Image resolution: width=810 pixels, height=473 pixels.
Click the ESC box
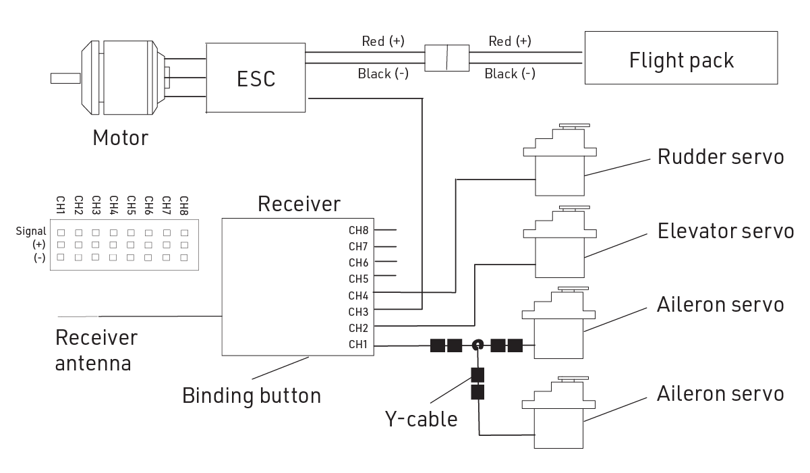(256, 78)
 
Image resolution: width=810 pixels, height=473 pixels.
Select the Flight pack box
(681, 60)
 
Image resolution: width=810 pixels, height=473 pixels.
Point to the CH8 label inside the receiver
(357, 230)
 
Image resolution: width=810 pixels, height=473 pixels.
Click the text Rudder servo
(720, 157)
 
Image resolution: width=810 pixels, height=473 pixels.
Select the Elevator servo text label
(725, 231)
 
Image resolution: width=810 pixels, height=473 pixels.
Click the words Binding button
(252, 395)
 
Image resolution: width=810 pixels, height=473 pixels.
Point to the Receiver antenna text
(96, 350)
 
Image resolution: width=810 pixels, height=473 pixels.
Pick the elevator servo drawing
(559, 244)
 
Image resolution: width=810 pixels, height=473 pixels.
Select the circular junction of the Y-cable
(478, 345)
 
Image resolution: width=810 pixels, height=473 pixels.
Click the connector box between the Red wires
(446, 58)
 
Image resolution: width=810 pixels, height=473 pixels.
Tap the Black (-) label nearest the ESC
(383, 74)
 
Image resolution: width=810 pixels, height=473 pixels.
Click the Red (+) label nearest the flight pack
(510, 42)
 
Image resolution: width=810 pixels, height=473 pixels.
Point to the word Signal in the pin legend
(30, 231)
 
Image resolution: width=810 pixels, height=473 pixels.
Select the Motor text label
(120, 138)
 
